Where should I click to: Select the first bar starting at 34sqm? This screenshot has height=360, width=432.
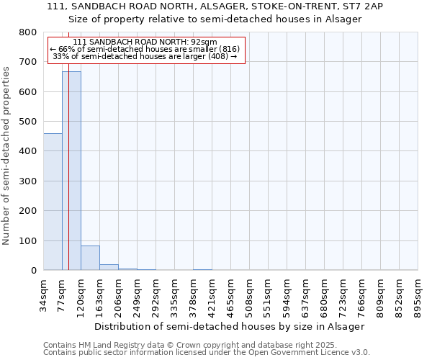click(x=53, y=202)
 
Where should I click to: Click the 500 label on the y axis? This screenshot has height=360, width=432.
click(x=28, y=122)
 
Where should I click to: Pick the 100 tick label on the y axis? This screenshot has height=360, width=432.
click(x=28, y=240)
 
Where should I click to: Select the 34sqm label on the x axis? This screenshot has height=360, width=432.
click(x=44, y=293)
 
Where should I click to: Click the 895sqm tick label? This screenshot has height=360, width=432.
click(x=418, y=293)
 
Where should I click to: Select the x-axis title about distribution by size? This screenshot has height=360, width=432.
click(x=230, y=326)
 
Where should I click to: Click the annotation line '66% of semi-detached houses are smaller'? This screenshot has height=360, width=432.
click(x=145, y=49)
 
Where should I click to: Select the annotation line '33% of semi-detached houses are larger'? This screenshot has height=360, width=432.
click(x=145, y=56)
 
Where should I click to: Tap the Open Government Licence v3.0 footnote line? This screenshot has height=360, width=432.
click(x=207, y=353)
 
